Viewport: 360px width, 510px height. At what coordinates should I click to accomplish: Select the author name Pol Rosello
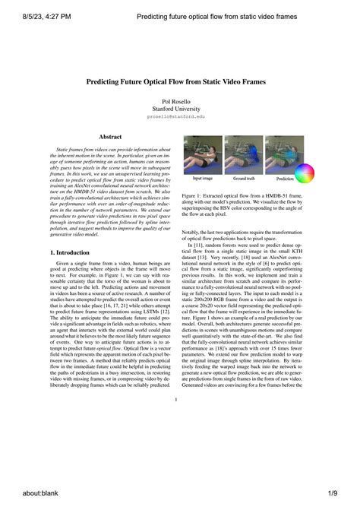(x=175, y=101)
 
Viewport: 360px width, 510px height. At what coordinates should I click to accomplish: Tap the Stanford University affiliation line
(x=175, y=109)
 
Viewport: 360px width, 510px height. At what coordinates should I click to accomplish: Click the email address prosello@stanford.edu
(x=175, y=118)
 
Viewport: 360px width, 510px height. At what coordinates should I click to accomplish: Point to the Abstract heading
(x=111, y=137)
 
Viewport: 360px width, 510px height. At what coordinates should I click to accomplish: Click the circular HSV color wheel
(x=305, y=174)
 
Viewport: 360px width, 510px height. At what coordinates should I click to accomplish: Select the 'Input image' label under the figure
(x=202, y=179)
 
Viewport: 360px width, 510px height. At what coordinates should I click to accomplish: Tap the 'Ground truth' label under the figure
(x=243, y=179)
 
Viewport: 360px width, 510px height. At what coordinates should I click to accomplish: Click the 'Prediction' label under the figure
(x=285, y=179)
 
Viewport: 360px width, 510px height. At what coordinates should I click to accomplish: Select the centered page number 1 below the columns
(x=175, y=400)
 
